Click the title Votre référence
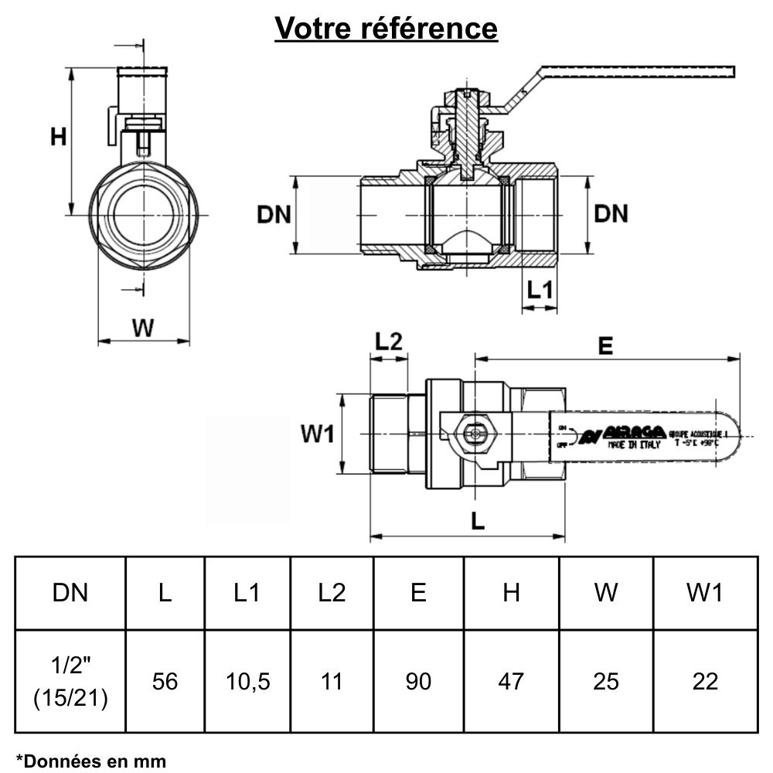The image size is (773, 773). coord(386,29)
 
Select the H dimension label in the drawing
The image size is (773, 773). coord(58,137)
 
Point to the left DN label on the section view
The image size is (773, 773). coord(274,214)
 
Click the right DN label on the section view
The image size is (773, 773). coord(611,214)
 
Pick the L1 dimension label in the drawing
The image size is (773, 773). coord(539,290)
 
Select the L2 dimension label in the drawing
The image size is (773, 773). coord(389,342)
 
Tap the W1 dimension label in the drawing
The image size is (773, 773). coord(317,434)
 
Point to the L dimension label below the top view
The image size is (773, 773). coord(477,522)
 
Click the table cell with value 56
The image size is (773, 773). coord(165,681)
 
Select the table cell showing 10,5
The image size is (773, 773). coord(247,681)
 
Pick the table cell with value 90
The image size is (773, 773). coord(418,681)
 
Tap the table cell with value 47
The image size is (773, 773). coord(511,681)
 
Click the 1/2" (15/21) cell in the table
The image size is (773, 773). coord(70,681)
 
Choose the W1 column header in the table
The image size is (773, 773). coord(704,593)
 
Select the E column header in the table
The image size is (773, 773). coord(418,593)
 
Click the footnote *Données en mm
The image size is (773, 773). coord(90,761)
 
